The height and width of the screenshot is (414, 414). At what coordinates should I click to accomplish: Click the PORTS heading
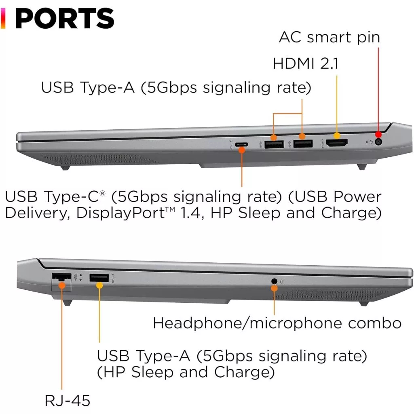(x=65, y=18)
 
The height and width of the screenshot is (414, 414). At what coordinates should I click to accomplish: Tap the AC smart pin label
(x=329, y=37)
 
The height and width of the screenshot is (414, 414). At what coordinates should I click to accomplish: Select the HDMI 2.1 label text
(x=305, y=63)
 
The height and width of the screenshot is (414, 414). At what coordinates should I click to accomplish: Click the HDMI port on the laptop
(x=337, y=143)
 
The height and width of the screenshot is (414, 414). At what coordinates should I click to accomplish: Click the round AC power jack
(x=379, y=142)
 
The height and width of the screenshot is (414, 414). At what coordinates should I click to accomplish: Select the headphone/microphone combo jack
(x=275, y=281)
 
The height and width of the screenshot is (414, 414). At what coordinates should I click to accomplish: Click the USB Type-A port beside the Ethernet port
(x=99, y=278)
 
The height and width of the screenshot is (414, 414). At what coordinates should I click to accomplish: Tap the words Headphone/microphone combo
(x=277, y=323)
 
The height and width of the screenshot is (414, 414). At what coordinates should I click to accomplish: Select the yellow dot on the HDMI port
(x=337, y=136)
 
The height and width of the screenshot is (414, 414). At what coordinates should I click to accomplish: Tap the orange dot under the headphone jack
(x=274, y=288)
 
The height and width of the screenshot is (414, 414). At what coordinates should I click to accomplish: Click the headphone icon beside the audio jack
(x=282, y=281)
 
